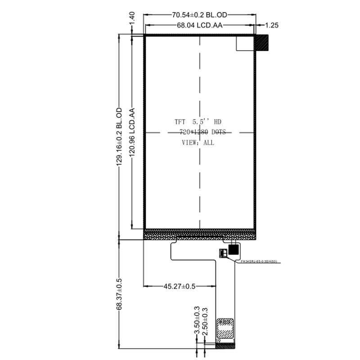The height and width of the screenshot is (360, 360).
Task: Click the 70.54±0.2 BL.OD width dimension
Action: pos(199,15)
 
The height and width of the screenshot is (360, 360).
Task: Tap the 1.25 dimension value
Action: pos(271,26)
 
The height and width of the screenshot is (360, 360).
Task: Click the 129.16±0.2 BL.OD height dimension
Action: pos(120,137)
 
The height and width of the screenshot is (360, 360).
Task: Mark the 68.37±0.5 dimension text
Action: pos(120,293)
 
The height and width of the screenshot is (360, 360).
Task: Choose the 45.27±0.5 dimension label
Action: pos(179,286)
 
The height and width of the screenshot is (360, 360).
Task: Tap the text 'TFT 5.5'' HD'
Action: pos(198,122)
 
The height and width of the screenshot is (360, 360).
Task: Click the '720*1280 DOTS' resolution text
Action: pos(202,132)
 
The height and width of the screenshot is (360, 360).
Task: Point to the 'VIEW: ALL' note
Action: pos(198,143)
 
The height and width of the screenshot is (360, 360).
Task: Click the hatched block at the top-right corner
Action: pos(261,43)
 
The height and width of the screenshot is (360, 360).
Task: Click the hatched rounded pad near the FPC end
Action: pos(225,328)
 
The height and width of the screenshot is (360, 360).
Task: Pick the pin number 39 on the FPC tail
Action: pos(218,341)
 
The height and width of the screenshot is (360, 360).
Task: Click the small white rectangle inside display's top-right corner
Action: pos(246,43)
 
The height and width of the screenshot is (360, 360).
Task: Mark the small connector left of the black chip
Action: pos(223,252)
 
